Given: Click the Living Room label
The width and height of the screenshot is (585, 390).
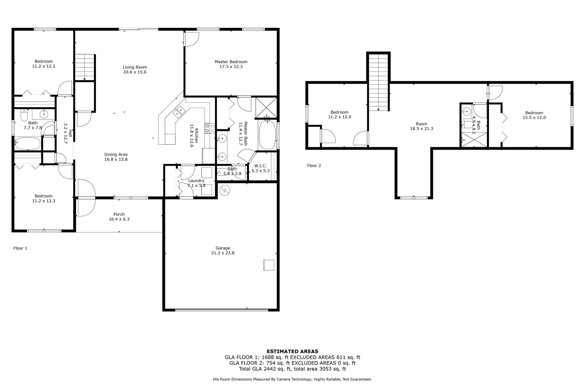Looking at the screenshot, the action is click(x=135, y=67).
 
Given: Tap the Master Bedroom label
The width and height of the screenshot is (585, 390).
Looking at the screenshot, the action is click(x=231, y=62).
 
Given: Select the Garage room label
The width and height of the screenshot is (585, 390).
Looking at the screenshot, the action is click(x=223, y=248).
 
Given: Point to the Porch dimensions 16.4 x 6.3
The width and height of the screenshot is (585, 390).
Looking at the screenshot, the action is click(x=119, y=219).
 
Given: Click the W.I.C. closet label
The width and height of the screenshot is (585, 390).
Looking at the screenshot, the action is click(x=261, y=166).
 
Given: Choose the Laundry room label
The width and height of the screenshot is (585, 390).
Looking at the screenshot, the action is click(x=196, y=181).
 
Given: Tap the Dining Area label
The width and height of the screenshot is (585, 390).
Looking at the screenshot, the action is click(x=116, y=154).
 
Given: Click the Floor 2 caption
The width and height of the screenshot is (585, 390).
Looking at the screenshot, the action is click(x=314, y=166).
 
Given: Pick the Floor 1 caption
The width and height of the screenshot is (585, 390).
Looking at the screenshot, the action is click(x=20, y=248).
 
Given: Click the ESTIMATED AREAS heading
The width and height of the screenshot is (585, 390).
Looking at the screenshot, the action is click(x=292, y=351).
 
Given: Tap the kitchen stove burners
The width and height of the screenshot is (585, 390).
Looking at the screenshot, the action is click(x=210, y=128).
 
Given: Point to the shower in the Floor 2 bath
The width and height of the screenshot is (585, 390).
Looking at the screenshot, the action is click(x=474, y=140).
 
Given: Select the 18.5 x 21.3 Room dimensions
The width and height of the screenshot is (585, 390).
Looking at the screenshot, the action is click(x=422, y=129).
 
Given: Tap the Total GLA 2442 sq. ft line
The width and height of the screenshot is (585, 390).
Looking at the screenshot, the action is click(x=292, y=369).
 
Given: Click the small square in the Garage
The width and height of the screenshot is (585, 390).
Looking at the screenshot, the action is click(x=269, y=265).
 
